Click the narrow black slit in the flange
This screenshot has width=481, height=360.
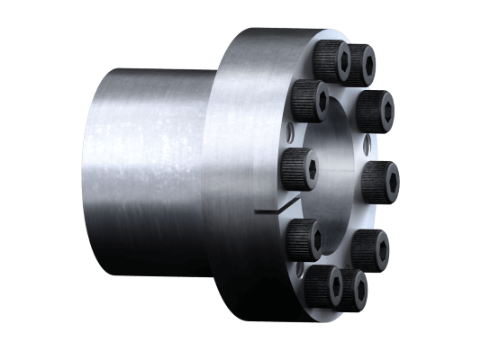tap(270, 212)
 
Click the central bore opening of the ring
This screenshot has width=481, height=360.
tap(333, 180)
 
